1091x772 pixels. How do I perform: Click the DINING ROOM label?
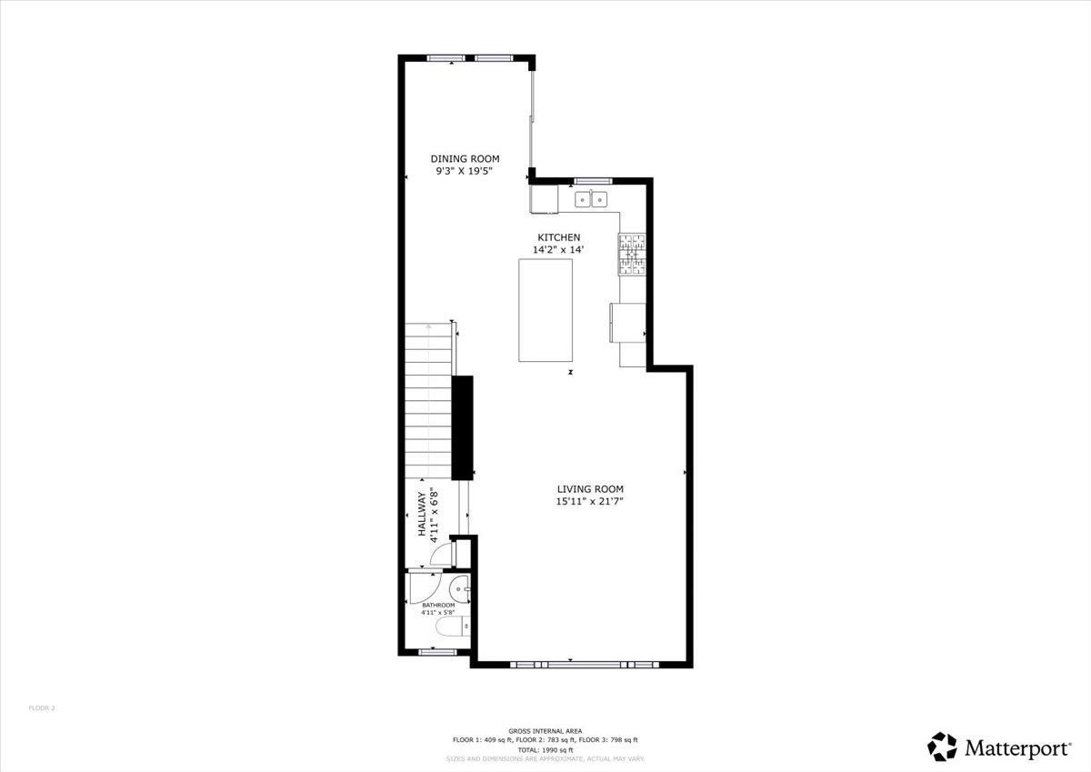click(465, 158)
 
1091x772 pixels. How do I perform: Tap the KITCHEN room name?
click(556, 237)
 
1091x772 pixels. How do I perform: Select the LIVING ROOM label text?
click(590, 489)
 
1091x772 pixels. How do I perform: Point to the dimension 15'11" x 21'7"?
click(590, 501)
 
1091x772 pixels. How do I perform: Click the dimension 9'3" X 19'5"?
click(465, 170)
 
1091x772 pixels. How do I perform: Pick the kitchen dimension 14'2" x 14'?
click(557, 249)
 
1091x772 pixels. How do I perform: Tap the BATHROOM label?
click(438, 605)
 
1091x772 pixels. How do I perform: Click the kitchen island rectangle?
click(545, 310)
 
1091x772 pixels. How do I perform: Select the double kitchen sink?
click(592, 198)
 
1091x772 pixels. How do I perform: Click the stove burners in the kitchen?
click(633, 255)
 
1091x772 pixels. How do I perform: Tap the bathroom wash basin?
click(461, 588)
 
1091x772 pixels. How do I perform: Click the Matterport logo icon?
click(943, 747)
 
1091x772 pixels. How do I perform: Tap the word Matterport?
click(1017, 748)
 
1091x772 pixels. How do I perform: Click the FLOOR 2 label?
click(42, 707)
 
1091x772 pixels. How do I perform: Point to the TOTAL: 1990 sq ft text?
click(545, 749)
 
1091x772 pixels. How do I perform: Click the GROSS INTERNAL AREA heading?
click(545, 731)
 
